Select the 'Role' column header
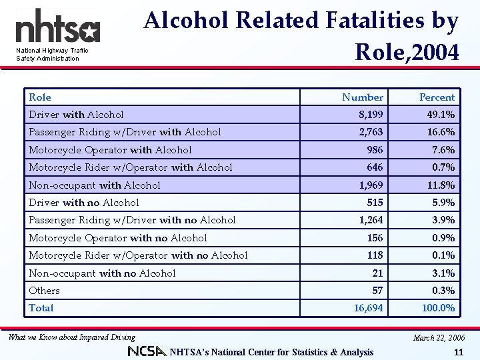click(40, 97)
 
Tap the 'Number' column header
click(363, 97)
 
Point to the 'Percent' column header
click(437, 97)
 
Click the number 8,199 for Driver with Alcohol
click(370, 115)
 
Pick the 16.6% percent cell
click(441, 132)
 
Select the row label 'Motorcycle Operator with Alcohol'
click(110, 150)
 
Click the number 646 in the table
click(375, 167)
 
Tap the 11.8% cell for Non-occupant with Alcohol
click(441, 185)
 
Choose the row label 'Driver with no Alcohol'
click(84, 203)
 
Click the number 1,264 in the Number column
click(371, 220)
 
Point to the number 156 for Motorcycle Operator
click(375, 238)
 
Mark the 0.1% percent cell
click(443, 255)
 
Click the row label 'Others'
click(44, 291)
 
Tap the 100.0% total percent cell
click(438, 308)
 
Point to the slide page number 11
click(457, 351)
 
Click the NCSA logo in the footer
click(147, 351)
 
